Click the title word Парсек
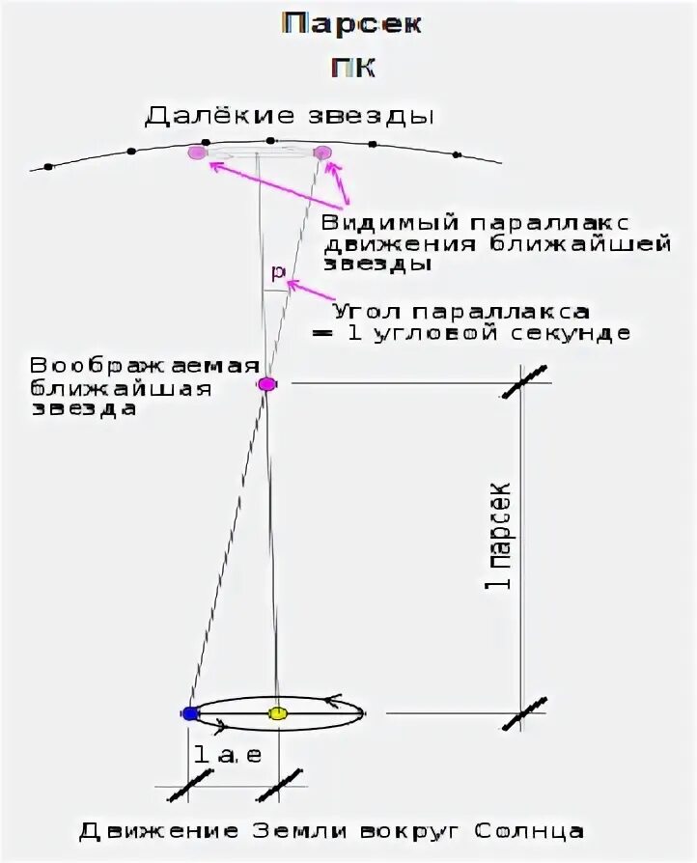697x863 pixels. pyautogui.click(x=351, y=25)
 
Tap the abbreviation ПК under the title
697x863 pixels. pyautogui.click(x=352, y=70)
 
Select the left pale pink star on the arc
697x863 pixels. pyautogui.click(x=197, y=152)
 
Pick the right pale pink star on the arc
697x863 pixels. pyautogui.click(x=322, y=152)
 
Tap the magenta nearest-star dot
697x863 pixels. pyautogui.click(x=267, y=384)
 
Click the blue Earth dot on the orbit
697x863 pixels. pyautogui.click(x=190, y=713)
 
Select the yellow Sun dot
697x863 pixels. pyautogui.click(x=278, y=713)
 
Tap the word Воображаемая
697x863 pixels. pyautogui.click(x=145, y=367)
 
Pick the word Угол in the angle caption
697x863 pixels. pyautogui.click(x=368, y=313)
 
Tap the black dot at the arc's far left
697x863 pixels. pyautogui.click(x=48, y=166)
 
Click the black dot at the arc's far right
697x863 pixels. pyautogui.click(x=457, y=153)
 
